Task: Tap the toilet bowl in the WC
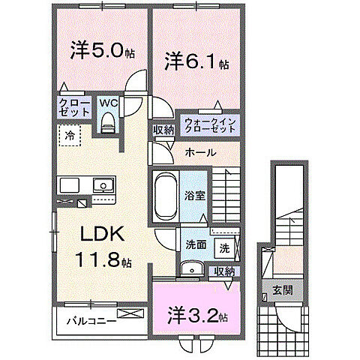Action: [107, 122]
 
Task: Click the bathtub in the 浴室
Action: [163, 194]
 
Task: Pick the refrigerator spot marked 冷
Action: [70, 136]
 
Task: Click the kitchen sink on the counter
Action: [100, 186]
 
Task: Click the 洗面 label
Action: [196, 244]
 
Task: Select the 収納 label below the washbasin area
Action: [223, 271]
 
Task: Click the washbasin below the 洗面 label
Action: [192, 269]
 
